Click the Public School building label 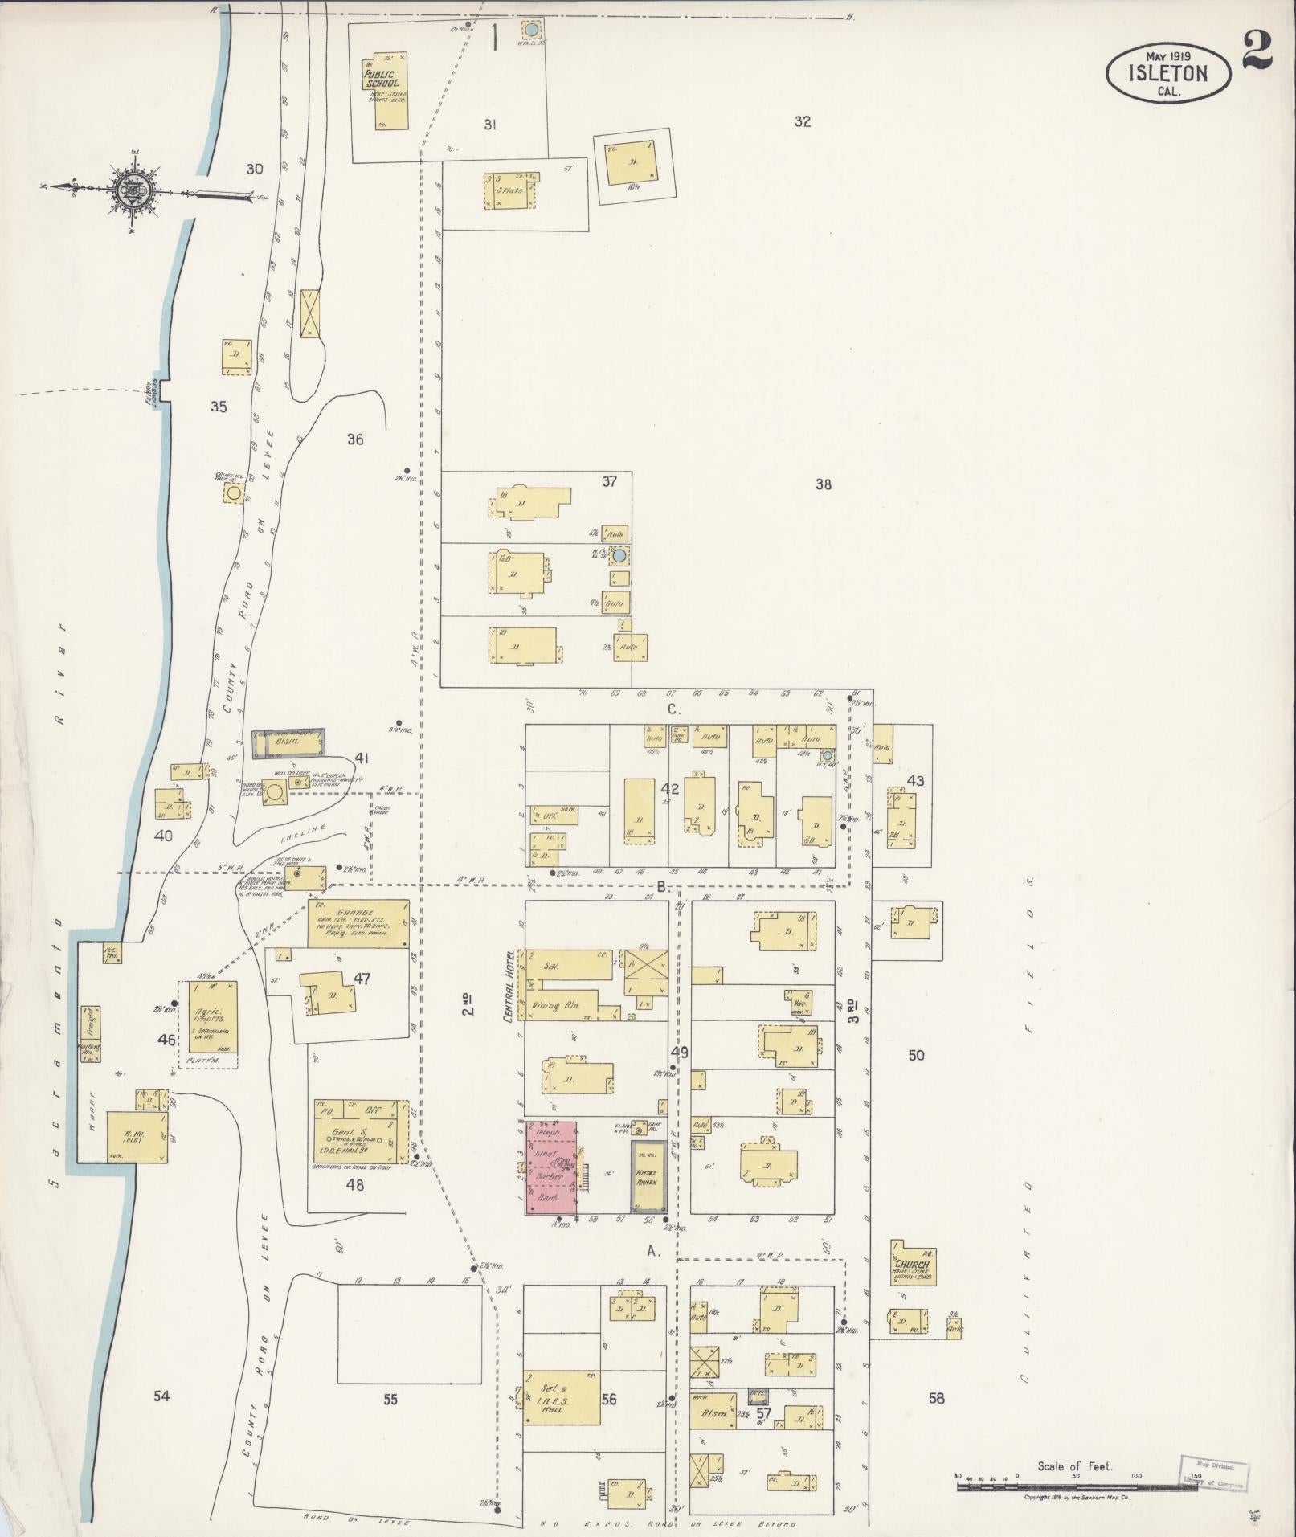[x=381, y=76]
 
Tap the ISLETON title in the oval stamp [x=1167, y=73]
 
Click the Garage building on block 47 [x=358, y=924]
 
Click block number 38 [x=823, y=484]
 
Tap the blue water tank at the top [x=530, y=31]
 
